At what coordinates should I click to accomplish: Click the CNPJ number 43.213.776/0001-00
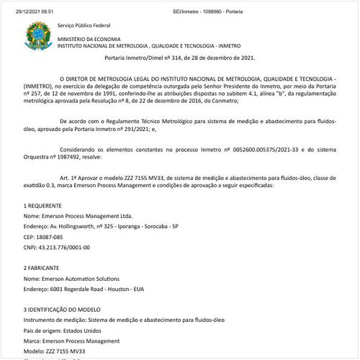point(66,247)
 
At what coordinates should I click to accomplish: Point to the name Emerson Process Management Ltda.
point(88,215)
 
